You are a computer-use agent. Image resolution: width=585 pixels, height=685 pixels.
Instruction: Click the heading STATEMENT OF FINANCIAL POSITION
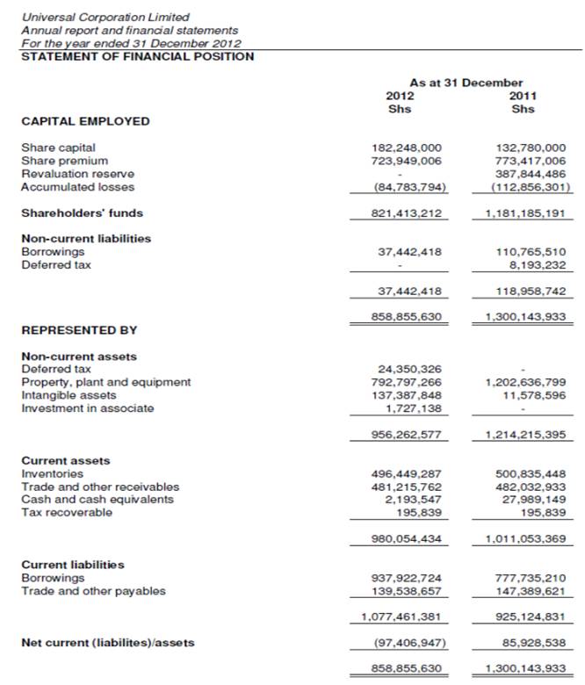pyautogui.click(x=137, y=57)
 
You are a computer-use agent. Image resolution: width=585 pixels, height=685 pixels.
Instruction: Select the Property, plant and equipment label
pyautogui.click(x=105, y=382)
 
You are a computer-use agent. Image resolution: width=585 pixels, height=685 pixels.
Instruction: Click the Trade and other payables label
pyautogui.click(x=93, y=591)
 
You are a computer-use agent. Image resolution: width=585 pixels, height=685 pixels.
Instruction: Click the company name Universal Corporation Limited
pyautogui.click(x=105, y=17)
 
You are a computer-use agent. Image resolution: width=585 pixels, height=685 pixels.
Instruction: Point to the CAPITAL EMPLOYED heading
pyautogui.click(x=85, y=121)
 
